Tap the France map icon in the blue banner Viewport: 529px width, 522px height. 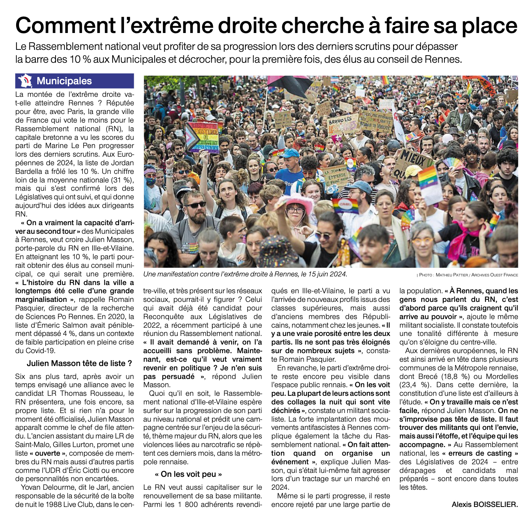click(x=25, y=81)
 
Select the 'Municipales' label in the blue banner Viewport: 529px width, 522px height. click(x=64, y=81)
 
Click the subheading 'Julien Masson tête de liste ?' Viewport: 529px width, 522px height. click(x=79, y=363)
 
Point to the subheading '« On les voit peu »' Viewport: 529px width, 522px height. click(x=188, y=474)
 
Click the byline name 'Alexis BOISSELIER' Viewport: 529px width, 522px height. click(x=484, y=504)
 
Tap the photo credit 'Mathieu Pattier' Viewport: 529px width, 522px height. click(x=451, y=275)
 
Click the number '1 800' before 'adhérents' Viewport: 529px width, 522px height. click(x=184, y=504)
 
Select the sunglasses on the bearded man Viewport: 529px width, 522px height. click(x=196, y=205)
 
